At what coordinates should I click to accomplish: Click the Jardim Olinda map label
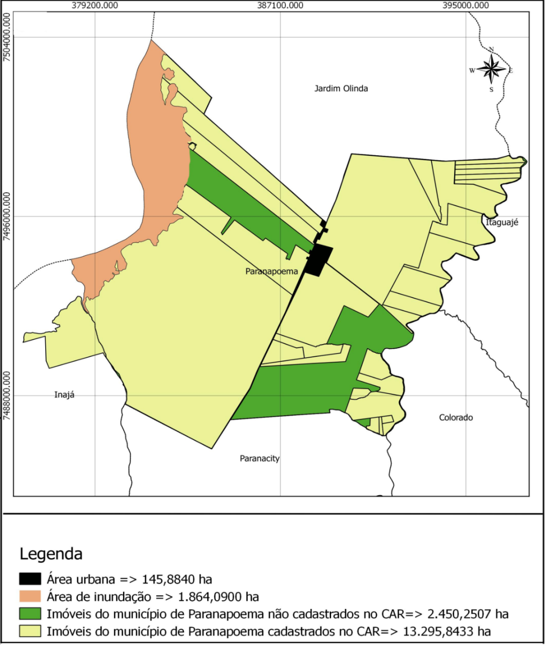pos(341,88)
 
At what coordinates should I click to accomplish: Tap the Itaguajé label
pos(502,222)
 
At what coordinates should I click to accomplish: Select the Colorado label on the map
pos(456,417)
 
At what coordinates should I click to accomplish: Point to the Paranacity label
pos(260,458)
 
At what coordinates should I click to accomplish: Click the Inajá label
pos(64,394)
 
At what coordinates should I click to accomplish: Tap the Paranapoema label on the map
pos(271,271)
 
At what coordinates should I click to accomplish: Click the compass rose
pos(491,69)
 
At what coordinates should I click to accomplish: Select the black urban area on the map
pos(320,260)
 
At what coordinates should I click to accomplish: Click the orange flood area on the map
pos(152,152)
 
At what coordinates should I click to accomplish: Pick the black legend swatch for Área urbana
pos(30,579)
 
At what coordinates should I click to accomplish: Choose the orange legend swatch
pos(30,596)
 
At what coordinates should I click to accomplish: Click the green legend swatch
pos(30,614)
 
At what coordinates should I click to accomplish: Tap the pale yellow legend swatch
pos(30,631)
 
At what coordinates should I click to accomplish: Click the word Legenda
pos(51,553)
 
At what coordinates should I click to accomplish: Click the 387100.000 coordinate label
pos(280,6)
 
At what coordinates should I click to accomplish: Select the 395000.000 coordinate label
pos(466,6)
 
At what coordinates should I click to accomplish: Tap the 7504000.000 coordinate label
pos(7,38)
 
